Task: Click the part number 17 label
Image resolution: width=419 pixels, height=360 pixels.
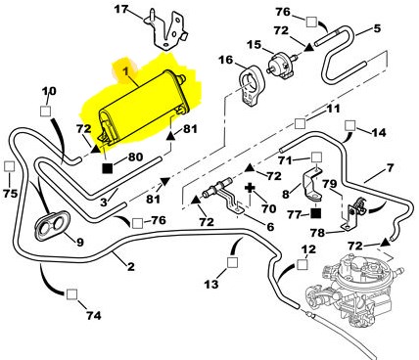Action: (121, 9)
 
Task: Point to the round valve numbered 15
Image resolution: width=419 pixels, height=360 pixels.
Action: (282, 64)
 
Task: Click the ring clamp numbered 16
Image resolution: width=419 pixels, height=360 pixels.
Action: (251, 85)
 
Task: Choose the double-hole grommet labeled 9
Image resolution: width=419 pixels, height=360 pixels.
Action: (52, 226)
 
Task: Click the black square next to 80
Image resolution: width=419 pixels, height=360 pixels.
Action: (108, 168)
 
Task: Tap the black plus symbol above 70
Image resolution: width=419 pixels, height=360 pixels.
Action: (251, 188)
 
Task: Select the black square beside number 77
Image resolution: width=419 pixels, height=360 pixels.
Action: (315, 213)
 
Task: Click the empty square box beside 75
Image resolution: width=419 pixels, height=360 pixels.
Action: (9, 166)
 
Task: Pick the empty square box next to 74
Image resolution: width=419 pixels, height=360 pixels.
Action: (71, 294)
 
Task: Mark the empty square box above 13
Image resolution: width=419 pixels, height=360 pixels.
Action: (232, 262)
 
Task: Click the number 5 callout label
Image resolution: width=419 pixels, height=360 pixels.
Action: (377, 28)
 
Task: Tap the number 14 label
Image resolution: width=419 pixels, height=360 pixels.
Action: (379, 132)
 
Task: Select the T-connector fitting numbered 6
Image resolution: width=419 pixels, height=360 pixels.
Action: (222, 195)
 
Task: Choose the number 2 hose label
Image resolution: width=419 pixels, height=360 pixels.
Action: (130, 267)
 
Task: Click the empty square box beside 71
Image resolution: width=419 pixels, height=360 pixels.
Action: (316, 158)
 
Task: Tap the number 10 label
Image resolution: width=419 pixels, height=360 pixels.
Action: (49, 91)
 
